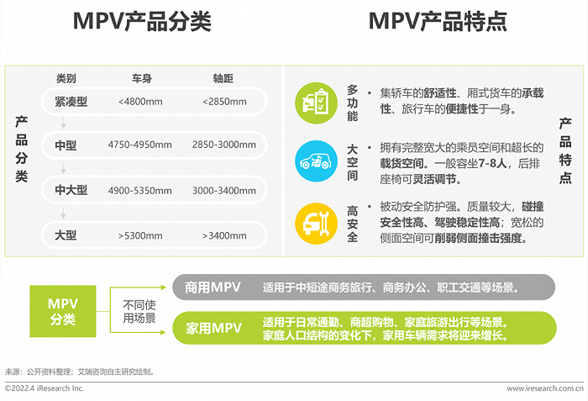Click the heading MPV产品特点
click(x=438, y=22)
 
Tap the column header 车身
click(x=140, y=79)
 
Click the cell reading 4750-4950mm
click(x=140, y=145)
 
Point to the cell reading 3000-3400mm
click(x=224, y=190)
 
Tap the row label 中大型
click(x=71, y=190)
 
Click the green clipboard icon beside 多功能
click(x=315, y=102)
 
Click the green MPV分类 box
click(x=62, y=311)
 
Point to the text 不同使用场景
click(x=139, y=311)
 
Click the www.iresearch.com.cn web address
click(x=545, y=388)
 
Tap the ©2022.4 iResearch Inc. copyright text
click(x=45, y=388)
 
